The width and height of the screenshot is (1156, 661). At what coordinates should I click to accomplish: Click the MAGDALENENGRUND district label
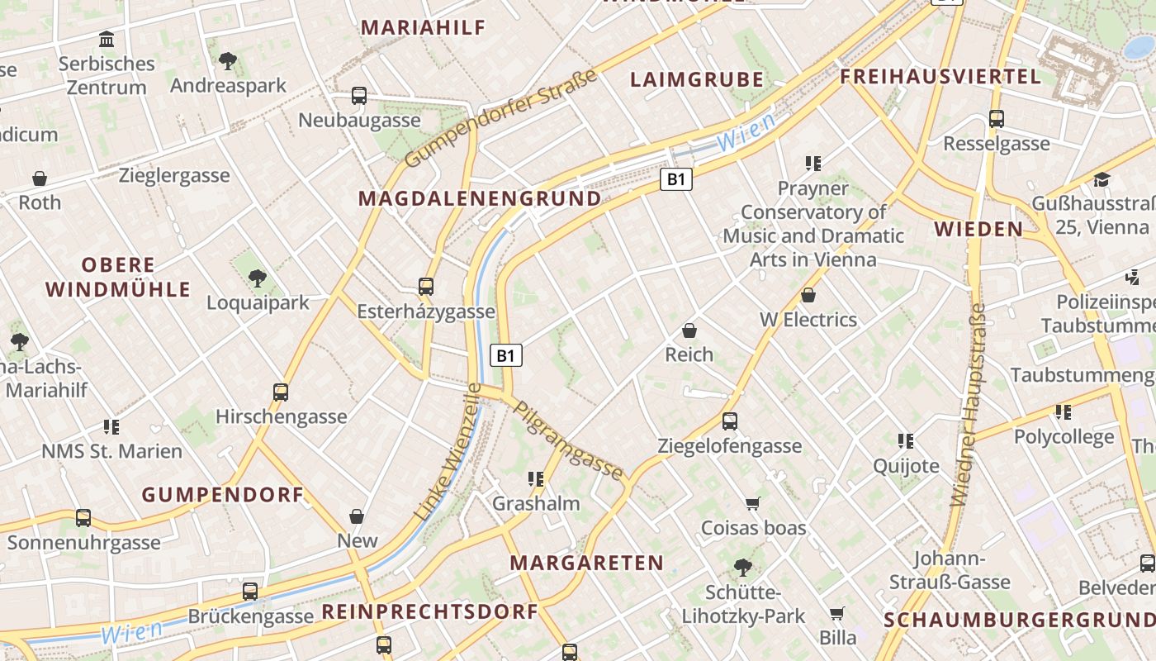coord(480,199)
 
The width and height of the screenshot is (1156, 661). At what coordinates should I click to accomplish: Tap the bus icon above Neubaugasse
coord(358,96)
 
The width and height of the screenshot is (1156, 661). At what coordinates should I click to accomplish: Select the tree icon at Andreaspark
coord(227,60)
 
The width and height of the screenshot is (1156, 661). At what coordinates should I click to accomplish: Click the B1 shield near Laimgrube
coord(675,179)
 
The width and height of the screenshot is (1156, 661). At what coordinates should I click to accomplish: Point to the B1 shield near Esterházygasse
coord(507,356)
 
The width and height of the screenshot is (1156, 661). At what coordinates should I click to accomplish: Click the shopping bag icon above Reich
coord(689,331)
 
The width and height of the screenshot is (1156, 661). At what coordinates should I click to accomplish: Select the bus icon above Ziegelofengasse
coord(729,421)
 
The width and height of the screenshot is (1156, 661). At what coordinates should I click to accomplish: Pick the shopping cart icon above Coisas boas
coord(752,503)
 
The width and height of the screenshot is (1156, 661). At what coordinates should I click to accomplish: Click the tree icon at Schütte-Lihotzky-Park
coord(742,568)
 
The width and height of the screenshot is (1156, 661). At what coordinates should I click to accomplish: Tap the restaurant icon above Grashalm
coord(536,478)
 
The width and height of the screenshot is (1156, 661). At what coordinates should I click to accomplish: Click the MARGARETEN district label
coord(586,564)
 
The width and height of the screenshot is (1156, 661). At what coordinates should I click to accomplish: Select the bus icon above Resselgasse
coord(997,119)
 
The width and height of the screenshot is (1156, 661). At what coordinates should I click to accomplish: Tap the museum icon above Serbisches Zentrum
coord(107,39)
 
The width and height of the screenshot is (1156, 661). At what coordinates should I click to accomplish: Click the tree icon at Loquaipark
coord(258,278)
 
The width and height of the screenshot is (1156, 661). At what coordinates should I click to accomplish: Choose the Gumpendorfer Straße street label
coord(501,119)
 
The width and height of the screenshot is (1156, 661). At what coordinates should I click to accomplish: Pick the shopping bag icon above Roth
coord(40,178)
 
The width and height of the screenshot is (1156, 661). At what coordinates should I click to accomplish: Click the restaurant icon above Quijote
coord(906,441)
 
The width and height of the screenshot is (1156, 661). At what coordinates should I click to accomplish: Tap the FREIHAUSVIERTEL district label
coord(940,78)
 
